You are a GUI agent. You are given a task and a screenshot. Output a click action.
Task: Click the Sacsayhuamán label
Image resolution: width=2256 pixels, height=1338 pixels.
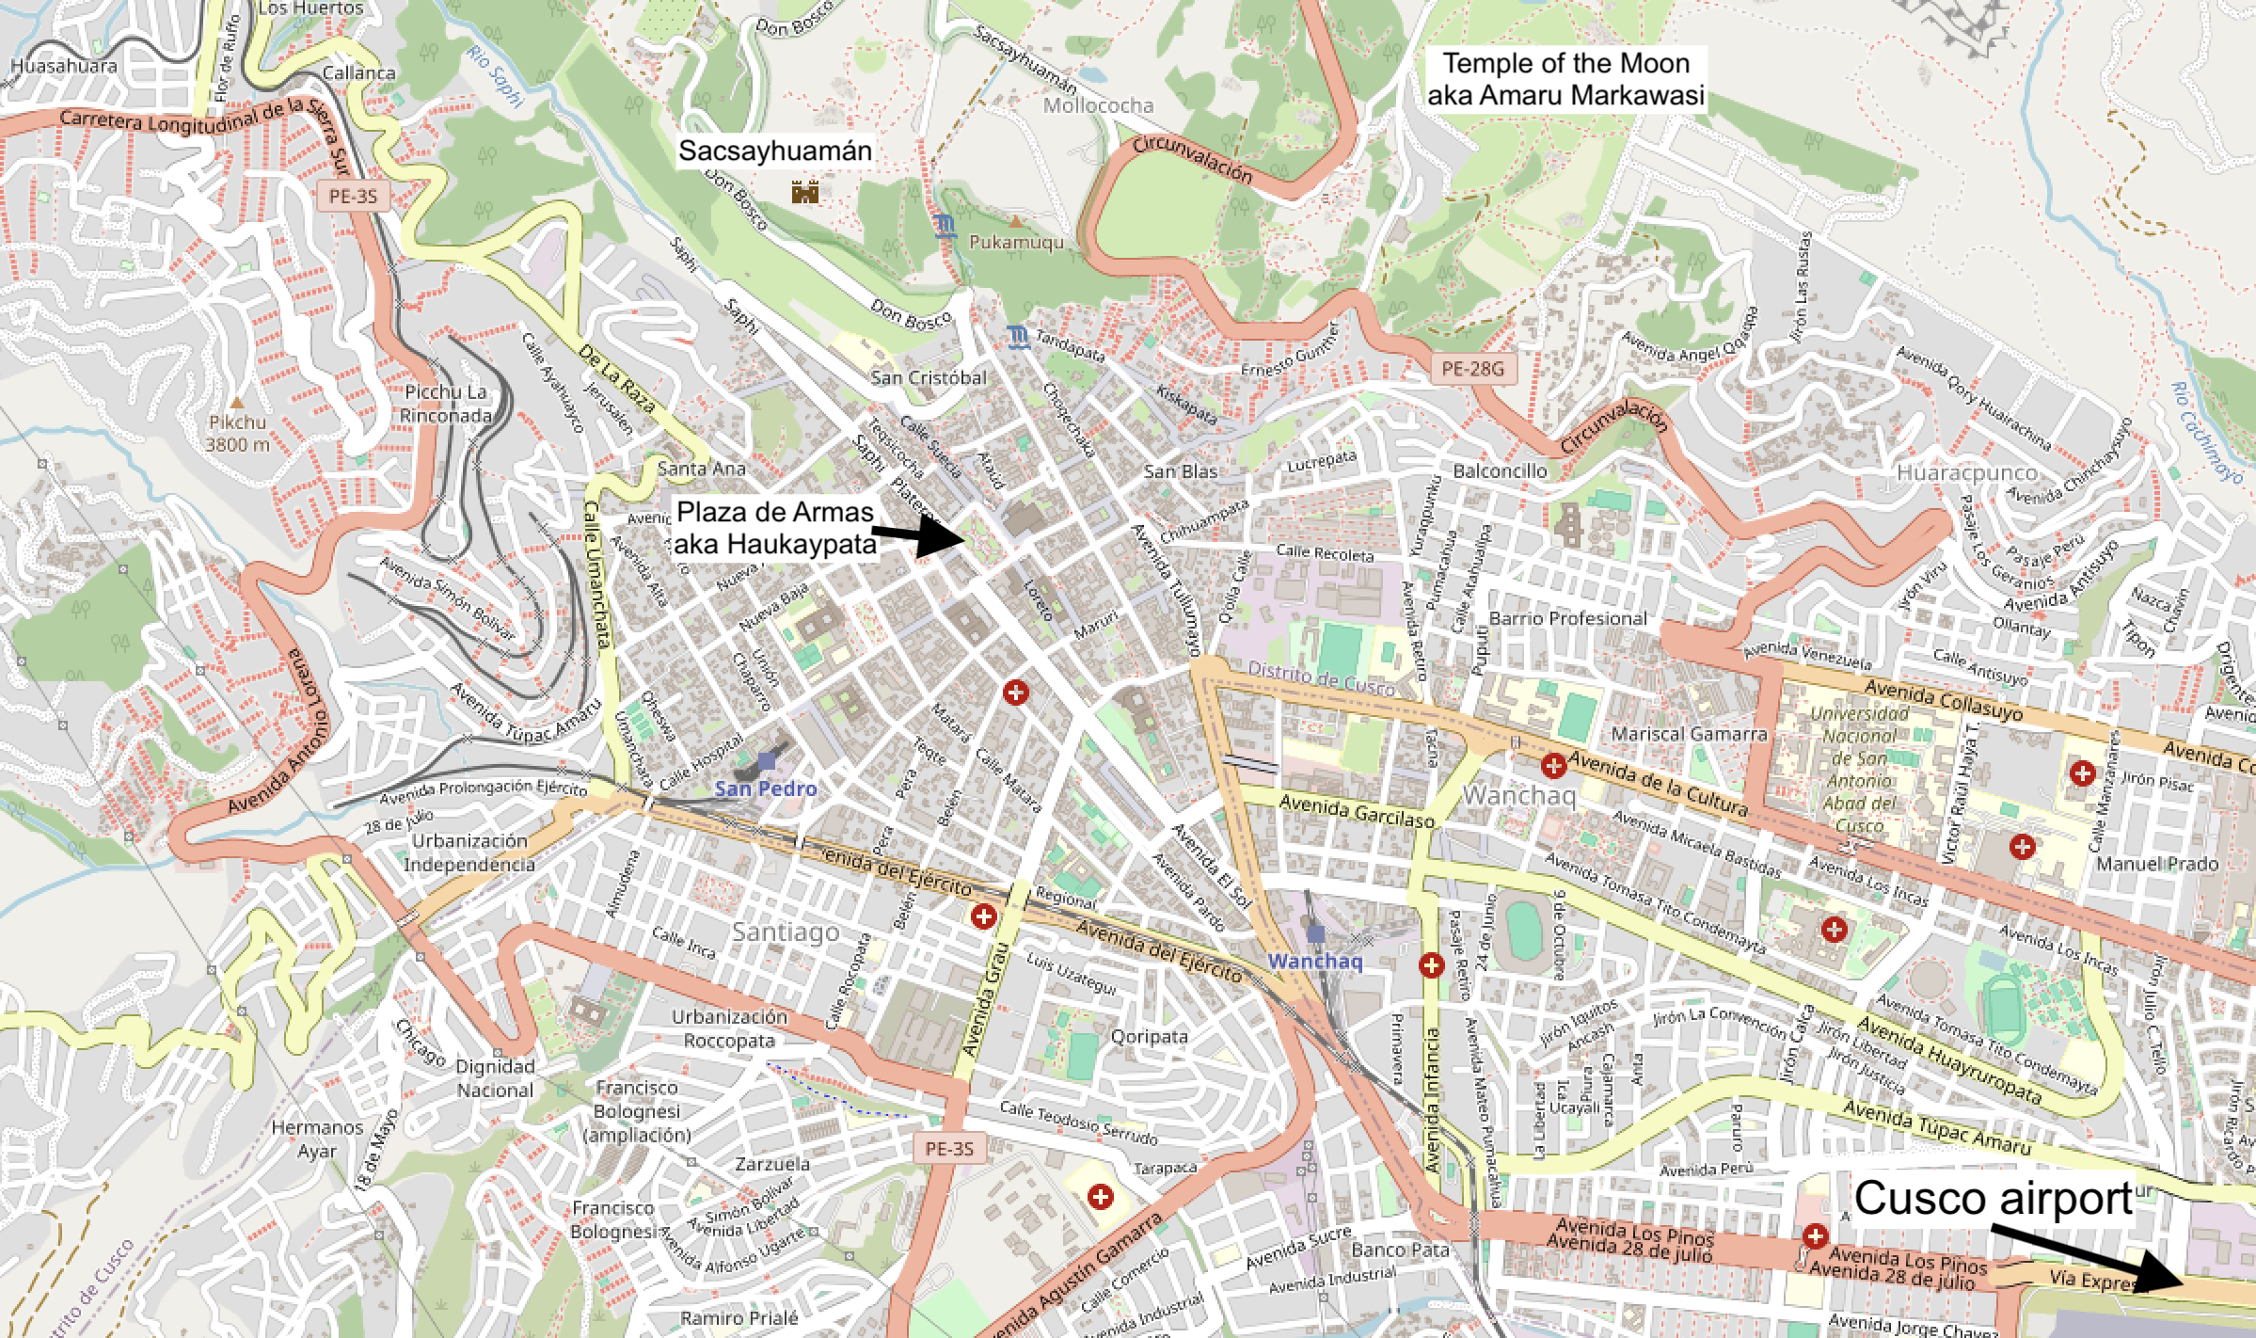774,151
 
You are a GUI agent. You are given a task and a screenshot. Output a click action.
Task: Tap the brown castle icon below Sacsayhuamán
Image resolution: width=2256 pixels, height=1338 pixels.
804,193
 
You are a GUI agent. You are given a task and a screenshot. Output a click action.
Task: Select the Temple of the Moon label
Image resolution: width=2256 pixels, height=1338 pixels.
1565,79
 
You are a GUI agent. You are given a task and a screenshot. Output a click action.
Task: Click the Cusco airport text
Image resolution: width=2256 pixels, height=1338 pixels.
1993,1199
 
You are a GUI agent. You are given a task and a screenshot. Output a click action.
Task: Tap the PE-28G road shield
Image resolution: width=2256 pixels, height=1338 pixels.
1472,369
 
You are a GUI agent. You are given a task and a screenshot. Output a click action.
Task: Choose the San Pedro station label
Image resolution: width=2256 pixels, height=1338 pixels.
766,788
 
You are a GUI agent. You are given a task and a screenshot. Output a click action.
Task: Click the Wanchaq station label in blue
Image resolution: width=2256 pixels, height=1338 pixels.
1314,961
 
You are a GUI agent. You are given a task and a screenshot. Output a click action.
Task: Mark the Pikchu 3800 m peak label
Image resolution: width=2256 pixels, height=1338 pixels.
237,434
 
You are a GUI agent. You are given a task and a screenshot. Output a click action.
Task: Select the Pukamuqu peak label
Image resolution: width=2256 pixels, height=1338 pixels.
1016,242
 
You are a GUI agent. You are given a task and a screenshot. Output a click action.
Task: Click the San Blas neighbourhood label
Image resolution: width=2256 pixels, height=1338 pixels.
1181,471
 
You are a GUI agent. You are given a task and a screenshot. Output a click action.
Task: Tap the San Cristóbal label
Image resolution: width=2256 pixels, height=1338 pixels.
928,378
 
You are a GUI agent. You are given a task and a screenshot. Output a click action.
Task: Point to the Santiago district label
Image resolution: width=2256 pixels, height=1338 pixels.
786,932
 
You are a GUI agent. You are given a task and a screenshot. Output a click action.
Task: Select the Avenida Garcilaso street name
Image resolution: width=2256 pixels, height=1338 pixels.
1356,810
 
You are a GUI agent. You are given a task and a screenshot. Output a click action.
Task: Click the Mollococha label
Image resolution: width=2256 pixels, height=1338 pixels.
1098,105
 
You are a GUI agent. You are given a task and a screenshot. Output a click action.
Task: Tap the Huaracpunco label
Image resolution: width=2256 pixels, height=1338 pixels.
1966,473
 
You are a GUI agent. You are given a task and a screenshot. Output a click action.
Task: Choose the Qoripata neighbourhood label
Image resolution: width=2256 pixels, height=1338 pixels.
1149,1037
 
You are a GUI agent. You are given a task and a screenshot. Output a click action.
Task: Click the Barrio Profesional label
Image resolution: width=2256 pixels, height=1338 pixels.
1567,618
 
